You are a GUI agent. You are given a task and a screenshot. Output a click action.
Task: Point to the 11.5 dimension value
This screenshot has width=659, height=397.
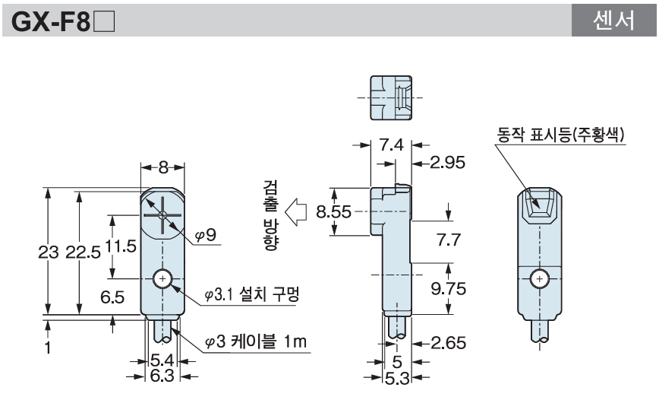118,246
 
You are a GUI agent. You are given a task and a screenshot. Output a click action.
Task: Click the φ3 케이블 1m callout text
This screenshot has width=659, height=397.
256,342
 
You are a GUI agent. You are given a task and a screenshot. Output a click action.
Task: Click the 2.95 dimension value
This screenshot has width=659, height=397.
446,162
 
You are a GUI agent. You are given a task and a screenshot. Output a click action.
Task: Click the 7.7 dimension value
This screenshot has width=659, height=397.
449,240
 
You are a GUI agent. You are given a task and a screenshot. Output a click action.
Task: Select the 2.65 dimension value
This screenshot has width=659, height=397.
446,342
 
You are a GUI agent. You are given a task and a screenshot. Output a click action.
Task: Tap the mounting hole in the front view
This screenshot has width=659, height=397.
162,280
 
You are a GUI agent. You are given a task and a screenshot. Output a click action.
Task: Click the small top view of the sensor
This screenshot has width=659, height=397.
390,97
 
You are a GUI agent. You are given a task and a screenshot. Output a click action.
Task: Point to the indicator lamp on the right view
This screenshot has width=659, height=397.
540,205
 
